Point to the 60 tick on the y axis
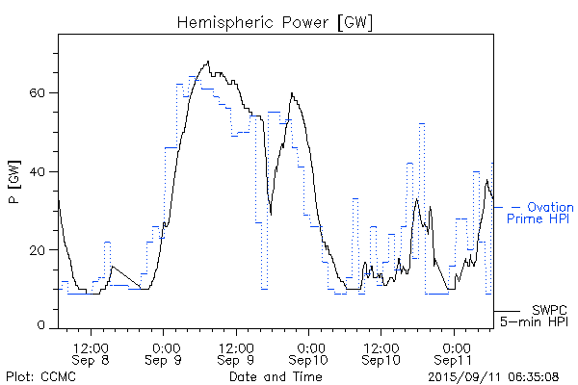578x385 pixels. pyautogui.click(x=41, y=93)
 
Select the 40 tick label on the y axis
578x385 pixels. pyautogui.click(x=41, y=171)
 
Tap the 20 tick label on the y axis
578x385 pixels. pyautogui.click(x=41, y=250)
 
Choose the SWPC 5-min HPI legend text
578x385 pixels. pyautogui.click(x=536, y=316)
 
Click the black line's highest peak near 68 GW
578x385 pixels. pyautogui.click(x=207, y=63)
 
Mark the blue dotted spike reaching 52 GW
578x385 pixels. pyautogui.click(x=422, y=124)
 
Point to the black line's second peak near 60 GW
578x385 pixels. pyautogui.click(x=291, y=93)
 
